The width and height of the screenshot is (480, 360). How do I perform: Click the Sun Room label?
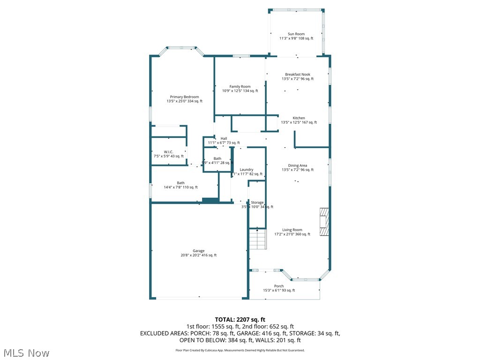click(296, 34)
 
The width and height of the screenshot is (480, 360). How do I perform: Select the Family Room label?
click(240, 86)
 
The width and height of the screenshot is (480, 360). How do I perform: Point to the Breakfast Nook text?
click(298, 74)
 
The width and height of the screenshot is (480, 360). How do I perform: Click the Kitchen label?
click(299, 118)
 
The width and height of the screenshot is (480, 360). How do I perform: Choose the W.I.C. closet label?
click(169, 151)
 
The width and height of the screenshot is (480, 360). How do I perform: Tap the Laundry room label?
click(246, 169)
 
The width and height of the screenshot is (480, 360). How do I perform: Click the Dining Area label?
click(298, 165)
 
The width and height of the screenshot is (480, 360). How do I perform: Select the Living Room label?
click(292, 230)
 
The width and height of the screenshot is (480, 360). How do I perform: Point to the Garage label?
click(198, 250)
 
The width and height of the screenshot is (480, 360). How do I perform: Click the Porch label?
click(279, 286)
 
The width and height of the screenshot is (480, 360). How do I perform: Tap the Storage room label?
click(257, 202)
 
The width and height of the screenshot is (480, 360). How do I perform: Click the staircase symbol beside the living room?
click(257, 239)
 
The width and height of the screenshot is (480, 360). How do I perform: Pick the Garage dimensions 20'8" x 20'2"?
click(198, 255)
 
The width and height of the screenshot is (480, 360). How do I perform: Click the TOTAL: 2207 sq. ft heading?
click(240, 319)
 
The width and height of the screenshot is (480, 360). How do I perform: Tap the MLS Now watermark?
click(26, 352)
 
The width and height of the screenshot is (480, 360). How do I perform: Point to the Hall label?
click(224, 138)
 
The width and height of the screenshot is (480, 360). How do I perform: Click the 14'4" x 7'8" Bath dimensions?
click(180, 187)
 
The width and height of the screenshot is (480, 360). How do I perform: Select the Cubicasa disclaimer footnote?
click(240, 350)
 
